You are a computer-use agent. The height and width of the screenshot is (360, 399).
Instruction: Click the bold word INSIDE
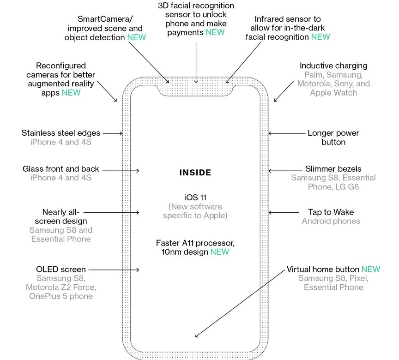195,173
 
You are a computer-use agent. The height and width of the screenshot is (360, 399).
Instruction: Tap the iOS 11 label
195,197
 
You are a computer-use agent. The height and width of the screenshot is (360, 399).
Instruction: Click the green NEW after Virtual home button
371,269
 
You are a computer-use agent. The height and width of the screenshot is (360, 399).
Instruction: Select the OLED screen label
61,269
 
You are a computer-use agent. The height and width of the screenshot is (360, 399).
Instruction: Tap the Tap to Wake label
331,212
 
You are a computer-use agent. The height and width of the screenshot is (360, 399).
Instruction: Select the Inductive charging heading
333,66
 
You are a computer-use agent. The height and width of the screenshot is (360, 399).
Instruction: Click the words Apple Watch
333,93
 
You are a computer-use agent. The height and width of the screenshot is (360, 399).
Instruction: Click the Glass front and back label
61,169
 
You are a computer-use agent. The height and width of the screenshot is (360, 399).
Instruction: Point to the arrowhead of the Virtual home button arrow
197,337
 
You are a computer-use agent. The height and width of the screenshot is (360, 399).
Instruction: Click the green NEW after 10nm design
219,252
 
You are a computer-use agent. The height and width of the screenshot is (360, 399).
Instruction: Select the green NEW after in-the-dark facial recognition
320,37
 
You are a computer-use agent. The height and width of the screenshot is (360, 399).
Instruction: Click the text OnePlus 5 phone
61,296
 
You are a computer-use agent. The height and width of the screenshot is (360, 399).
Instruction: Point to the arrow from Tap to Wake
282,212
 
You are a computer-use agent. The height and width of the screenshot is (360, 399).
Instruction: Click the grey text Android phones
331,221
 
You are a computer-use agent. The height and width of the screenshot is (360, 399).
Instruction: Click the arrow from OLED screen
114,269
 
